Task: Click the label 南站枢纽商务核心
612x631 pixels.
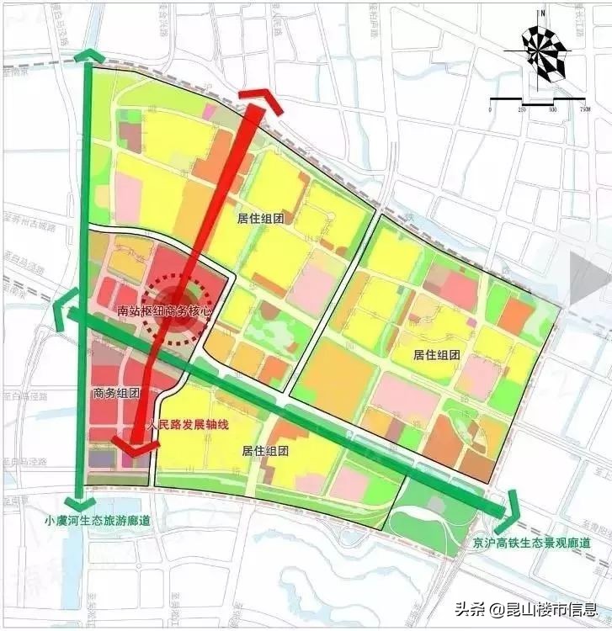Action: [x=164, y=311]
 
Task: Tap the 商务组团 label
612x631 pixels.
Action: [x=116, y=393]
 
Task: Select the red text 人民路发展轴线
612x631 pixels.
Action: [x=187, y=426]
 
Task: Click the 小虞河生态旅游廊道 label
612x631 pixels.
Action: [x=98, y=521]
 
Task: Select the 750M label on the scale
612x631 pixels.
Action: [x=583, y=109]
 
